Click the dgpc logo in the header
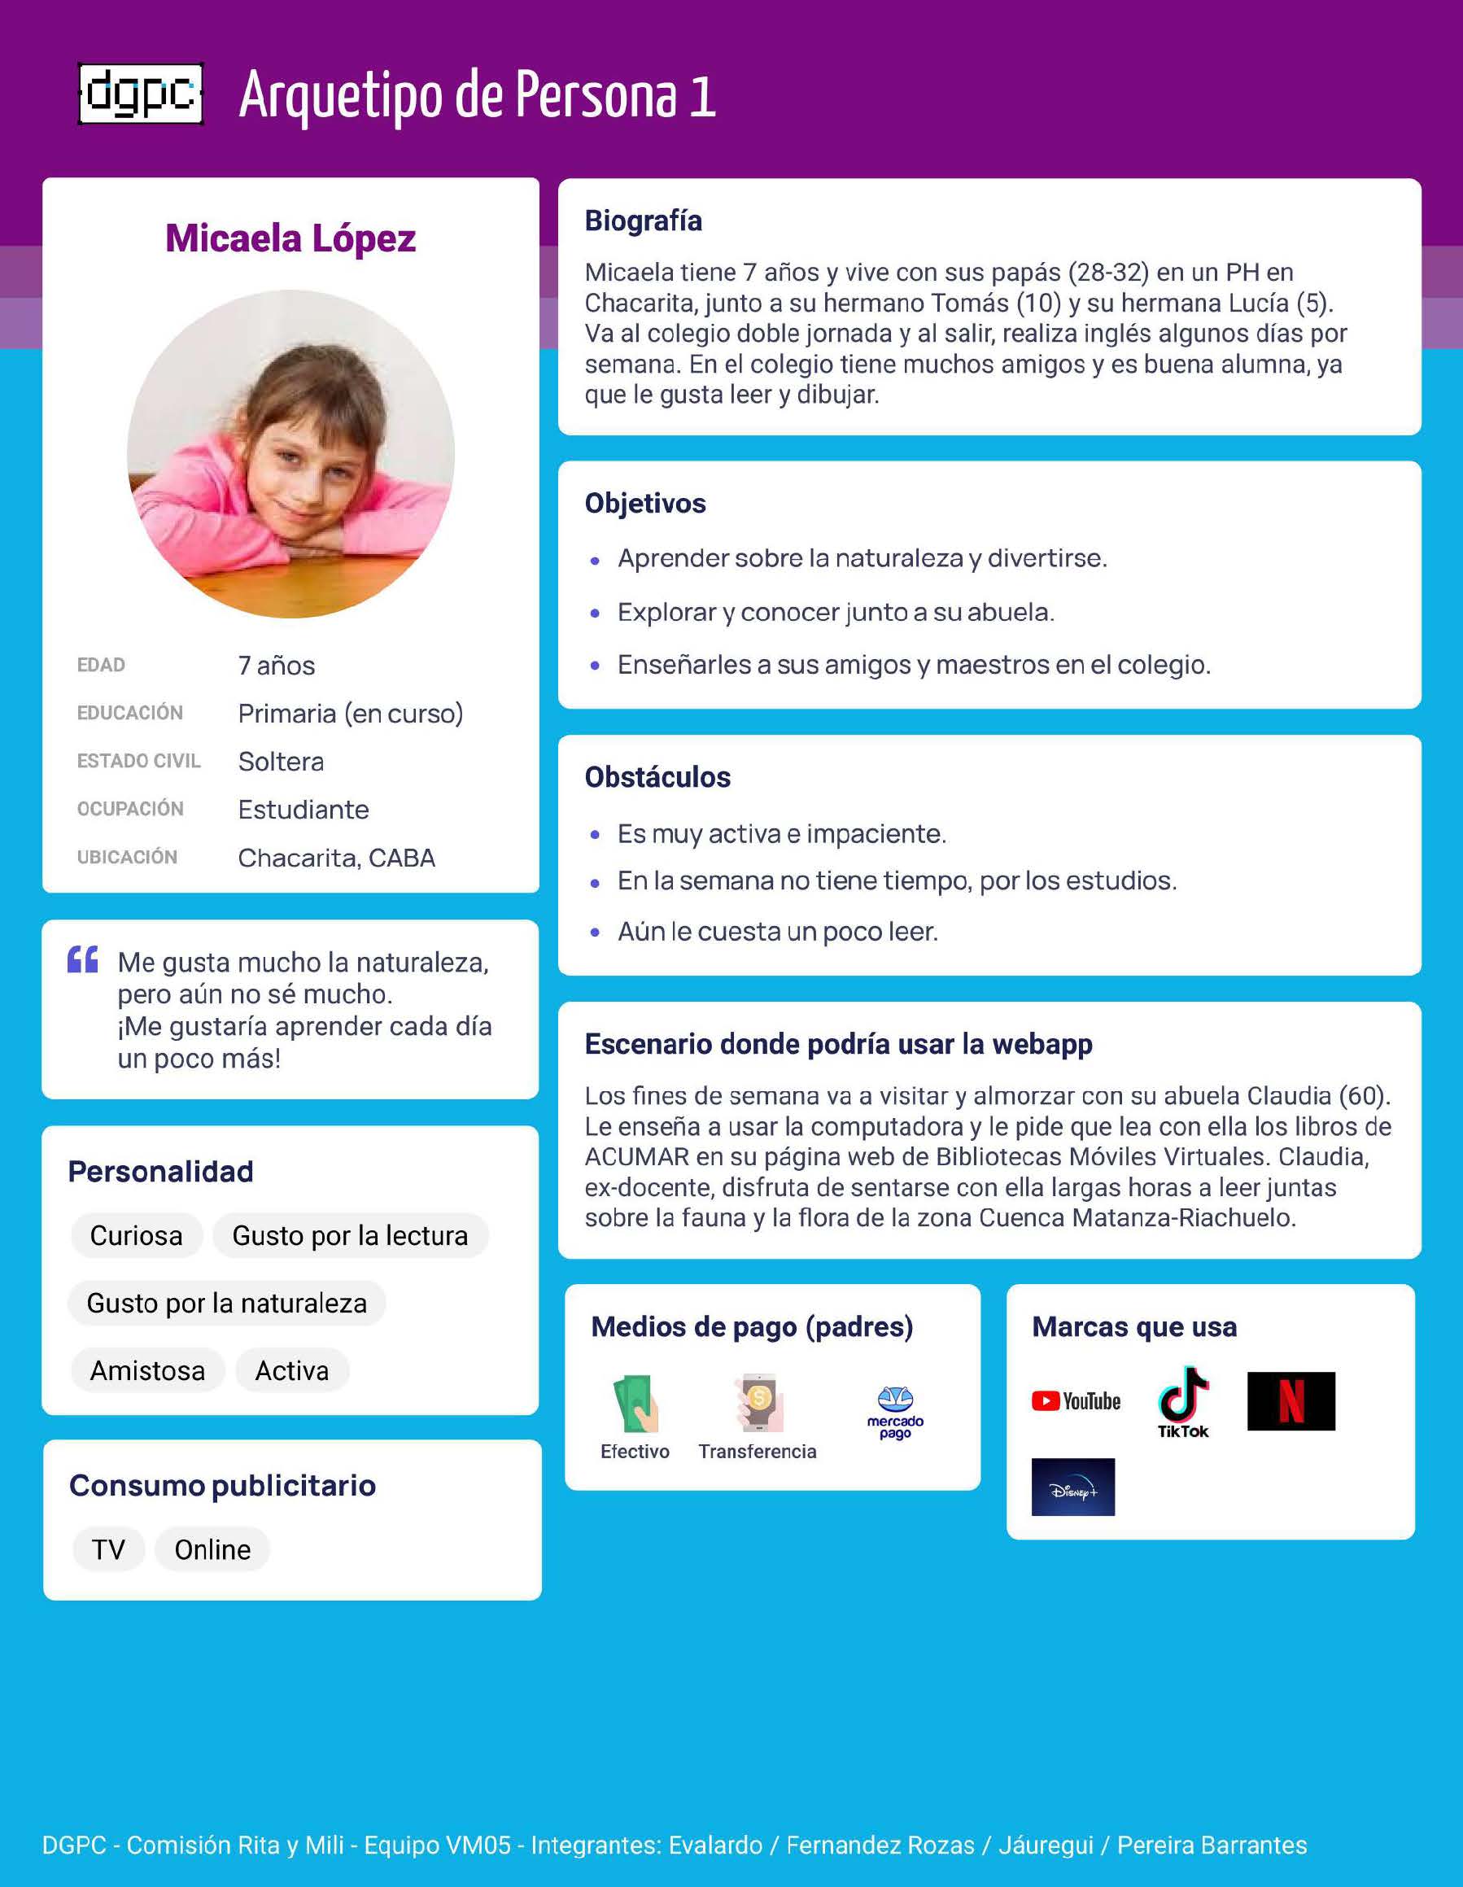[141, 94]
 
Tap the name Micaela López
[290, 238]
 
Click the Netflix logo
[1290, 1401]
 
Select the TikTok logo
[1183, 1401]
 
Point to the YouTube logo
[1076, 1401]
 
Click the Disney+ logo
[1072, 1487]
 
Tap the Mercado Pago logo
[895, 1412]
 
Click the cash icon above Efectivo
[635, 1403]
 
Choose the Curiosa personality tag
[137, 1235]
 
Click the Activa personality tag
[292, 1370]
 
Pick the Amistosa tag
[148, 1370]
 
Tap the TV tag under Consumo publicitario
[109, 1549]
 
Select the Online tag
[212, 1549]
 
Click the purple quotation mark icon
[83, 960]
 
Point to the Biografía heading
[643, 221]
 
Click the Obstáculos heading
[657, 777]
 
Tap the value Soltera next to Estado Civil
[281, 761]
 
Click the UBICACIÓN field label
[127, 857]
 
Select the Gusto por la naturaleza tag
[226, 1303]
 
